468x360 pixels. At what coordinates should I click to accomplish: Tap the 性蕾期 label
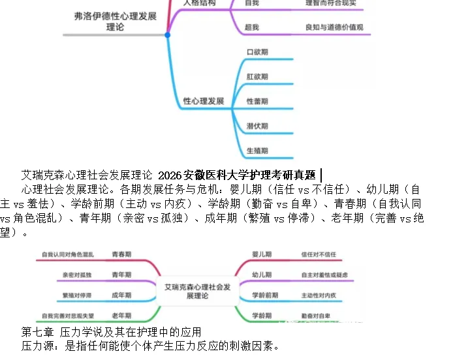coord(257,102)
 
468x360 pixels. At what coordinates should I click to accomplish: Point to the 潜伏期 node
coord(257,126)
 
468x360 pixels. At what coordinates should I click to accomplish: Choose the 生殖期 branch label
coord(257,151)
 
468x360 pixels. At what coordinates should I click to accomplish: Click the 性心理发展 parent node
coord(204,102)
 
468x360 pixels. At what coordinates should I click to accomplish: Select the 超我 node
coord(251,27)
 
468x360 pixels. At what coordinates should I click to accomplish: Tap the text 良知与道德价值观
coord(334,27)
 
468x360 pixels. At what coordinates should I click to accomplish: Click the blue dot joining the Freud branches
coord(167,35)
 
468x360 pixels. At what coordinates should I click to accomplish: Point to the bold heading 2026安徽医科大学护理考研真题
coord(236,175)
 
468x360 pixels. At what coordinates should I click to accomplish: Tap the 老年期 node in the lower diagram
coord(121,316)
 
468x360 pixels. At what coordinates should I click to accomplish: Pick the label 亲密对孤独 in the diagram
coord(77,275)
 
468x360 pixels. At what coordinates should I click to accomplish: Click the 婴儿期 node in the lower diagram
coord(262,254)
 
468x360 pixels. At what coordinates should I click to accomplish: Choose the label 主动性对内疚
coord(319,295)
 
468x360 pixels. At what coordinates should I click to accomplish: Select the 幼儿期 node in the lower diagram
coord(262,275)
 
